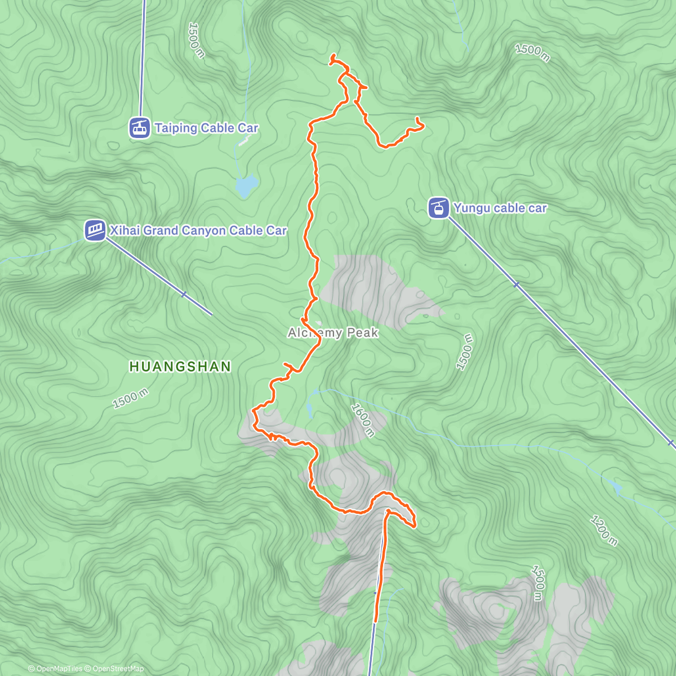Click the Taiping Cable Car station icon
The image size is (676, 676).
coord(139,128)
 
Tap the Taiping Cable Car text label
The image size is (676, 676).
coord(206,128)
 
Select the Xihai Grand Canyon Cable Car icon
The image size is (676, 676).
coord(95,230)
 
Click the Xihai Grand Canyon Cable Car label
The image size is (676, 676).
coord(198,230)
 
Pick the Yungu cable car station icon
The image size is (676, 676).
coord(438,208)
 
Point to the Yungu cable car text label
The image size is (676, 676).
coord(500,208)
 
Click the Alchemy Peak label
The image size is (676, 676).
coord(333,333)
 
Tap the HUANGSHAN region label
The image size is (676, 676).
coord(180,367)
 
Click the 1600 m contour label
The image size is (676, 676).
coord(363,420)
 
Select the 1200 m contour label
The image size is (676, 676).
coord(604,530)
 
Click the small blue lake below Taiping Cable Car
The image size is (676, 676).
coord(247,185)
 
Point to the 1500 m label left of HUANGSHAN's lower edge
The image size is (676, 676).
coord(130,399)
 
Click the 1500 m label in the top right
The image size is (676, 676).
coord(532,52)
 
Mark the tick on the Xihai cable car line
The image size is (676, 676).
coord(184,294)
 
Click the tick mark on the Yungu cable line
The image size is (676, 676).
coord(516,284)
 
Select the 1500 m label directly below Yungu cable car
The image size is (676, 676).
coord(465,352)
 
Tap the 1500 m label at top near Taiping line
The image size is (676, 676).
coord(196,40)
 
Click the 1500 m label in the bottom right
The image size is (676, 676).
coord(538,583)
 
